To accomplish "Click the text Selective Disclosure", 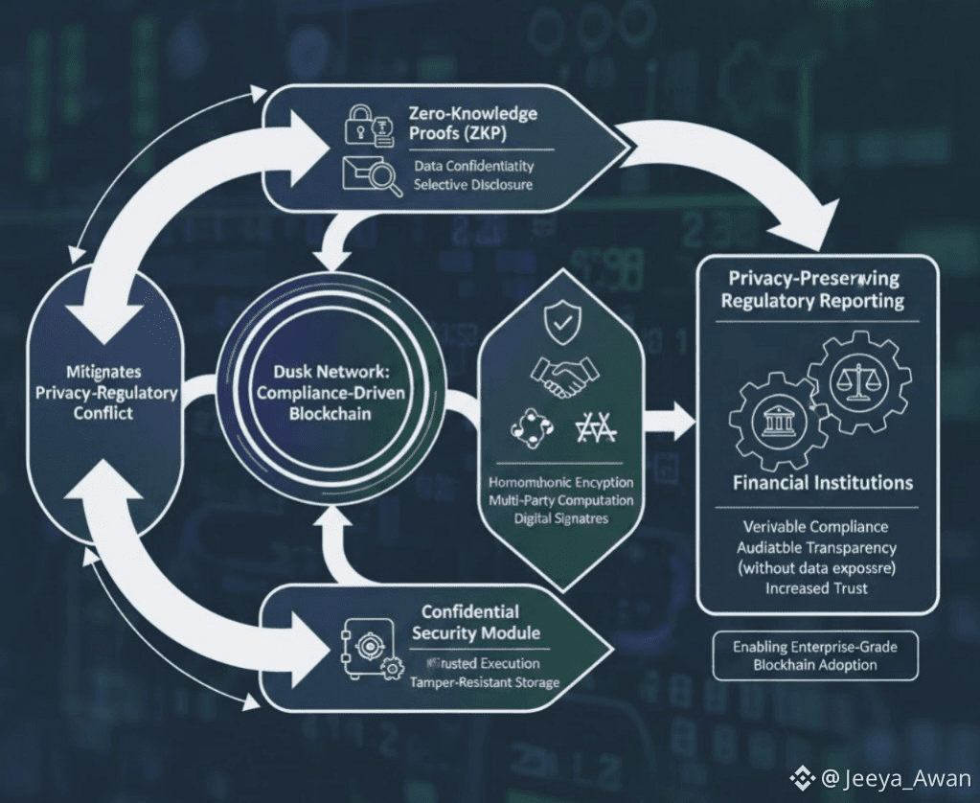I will (473, 184).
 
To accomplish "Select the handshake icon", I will (560, 377).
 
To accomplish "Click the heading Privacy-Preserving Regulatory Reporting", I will (814, 289).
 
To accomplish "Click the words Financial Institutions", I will (822, 482).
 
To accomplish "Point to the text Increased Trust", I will (816, 587).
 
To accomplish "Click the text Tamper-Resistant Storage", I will (485, 682).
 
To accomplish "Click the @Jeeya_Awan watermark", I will (881, 778).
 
